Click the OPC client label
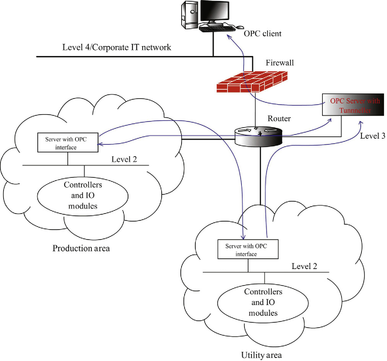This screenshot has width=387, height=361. coord(262,34)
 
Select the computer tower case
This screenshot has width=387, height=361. coord(189,16)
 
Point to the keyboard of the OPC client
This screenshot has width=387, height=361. coord(217,29)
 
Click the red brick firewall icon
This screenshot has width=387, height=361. coord(252,82)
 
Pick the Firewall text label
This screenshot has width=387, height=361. coord(280,63)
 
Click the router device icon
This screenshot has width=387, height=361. coord(258,137)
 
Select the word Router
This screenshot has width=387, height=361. coord(279,119)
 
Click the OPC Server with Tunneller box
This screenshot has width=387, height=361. coord(353,105)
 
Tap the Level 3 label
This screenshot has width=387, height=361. coord(372,136)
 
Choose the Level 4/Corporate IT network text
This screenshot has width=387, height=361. coord(117,47)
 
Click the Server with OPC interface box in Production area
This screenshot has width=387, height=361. coord(68,143)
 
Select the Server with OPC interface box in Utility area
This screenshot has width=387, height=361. coord(248,249)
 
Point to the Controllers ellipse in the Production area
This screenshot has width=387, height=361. coord(83,195)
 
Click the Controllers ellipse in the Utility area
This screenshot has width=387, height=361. coord(263,302)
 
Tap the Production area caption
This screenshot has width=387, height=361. coord(81,248)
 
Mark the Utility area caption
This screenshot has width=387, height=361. coord(261,355)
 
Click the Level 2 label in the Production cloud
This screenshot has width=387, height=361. coord(124,159)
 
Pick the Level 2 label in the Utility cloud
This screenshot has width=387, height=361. coord(304,266)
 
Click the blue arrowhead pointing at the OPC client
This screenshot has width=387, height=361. coord(229,37)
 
